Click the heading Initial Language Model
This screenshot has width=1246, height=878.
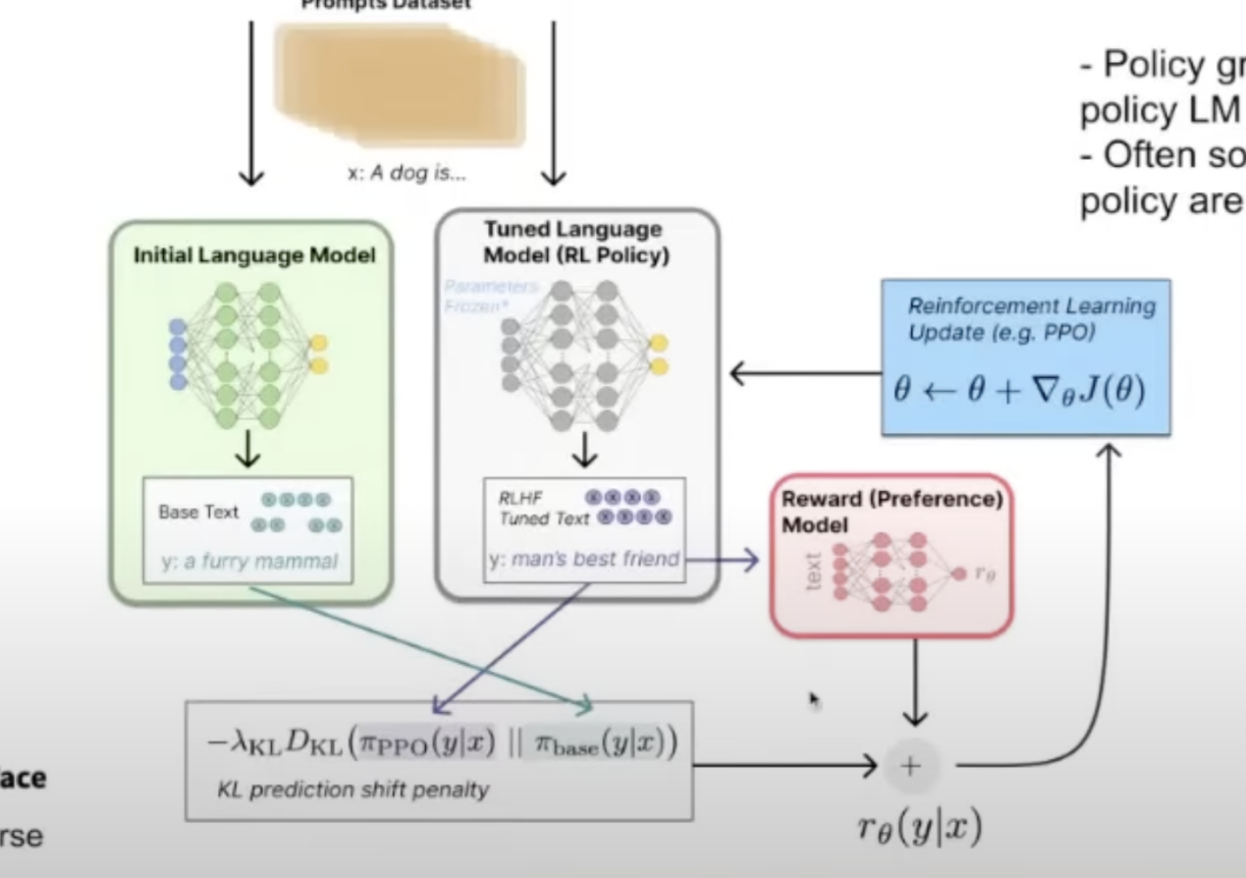pos(254,257)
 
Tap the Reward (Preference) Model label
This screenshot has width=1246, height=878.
pos(892,511)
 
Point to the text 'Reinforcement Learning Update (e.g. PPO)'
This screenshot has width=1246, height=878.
pos(1031,319)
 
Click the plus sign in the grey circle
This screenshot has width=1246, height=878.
pos(911,767)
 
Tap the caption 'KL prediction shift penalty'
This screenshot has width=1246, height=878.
pos(352,789)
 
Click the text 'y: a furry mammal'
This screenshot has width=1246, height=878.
pos(249,562)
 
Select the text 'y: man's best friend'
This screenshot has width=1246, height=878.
pos(584,560)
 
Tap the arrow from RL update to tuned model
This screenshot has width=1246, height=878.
pos(803,374)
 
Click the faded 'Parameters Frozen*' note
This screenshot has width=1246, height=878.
pos(490,295)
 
